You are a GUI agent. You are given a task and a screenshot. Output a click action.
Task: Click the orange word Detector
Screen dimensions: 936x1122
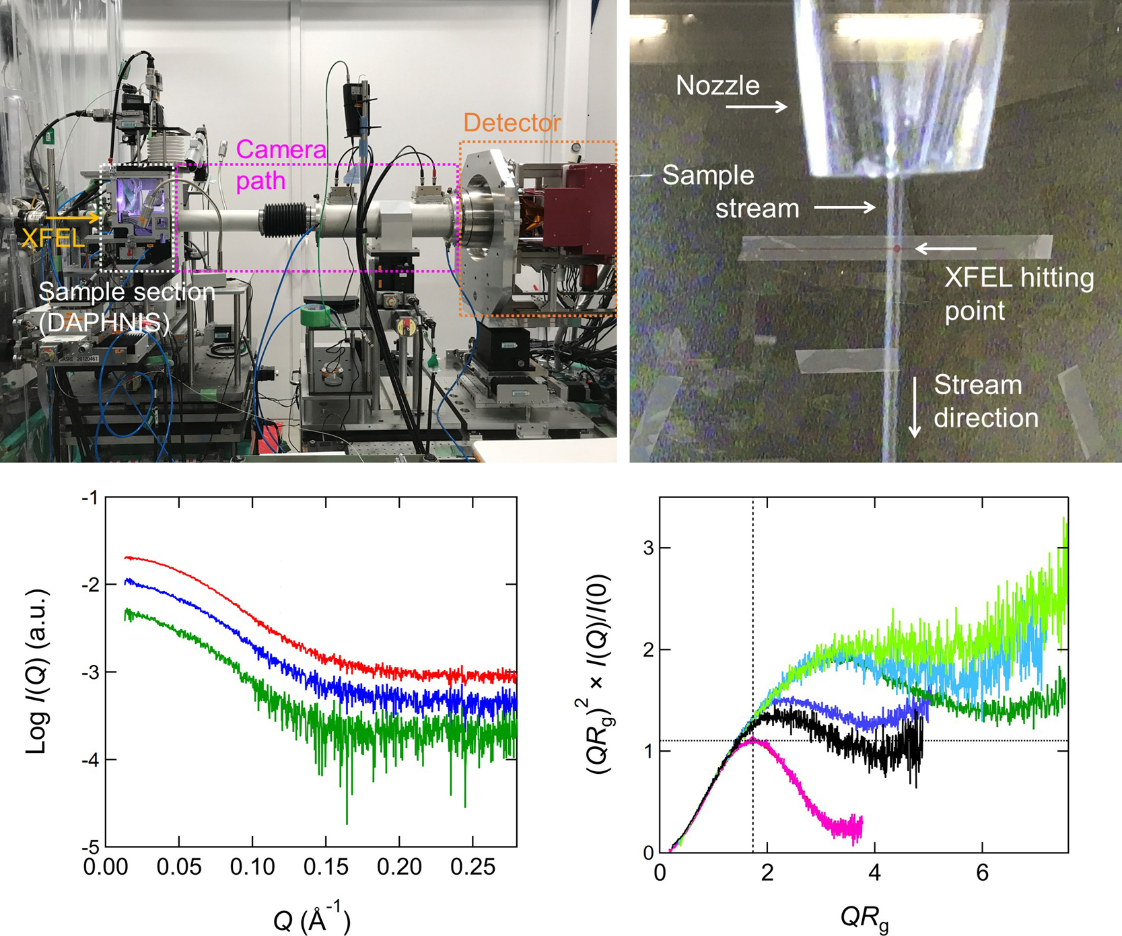512,123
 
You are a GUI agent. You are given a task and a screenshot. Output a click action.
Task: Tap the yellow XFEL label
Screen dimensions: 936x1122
52,237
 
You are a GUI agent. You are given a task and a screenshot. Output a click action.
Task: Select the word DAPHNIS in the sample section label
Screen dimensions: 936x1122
104,324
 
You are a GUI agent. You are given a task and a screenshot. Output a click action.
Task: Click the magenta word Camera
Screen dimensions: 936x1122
281,149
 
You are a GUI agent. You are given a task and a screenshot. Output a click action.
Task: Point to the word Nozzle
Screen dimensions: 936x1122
717,85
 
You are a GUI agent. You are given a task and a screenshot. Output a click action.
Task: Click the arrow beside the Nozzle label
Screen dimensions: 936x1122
756,106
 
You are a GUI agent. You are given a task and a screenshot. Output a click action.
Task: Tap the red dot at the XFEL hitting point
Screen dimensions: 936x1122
897,249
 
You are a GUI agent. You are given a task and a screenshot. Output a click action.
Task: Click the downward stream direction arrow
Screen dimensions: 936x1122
915,407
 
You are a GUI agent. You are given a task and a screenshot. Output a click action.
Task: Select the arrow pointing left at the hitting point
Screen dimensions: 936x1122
945,249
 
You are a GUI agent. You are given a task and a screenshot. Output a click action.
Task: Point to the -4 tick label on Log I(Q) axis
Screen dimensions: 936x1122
89,760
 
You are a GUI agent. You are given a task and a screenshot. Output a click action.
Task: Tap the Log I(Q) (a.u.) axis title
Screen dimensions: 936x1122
38,672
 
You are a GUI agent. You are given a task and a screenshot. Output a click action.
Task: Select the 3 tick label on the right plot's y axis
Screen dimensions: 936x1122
648,548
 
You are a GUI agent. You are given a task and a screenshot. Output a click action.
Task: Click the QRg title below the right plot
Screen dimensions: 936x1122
864,919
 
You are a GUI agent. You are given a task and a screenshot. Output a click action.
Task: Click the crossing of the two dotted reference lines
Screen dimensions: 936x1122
752,741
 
